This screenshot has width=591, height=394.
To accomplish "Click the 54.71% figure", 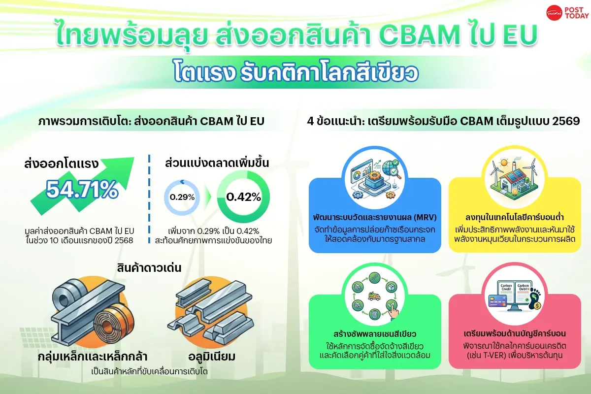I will [x=82, y=190].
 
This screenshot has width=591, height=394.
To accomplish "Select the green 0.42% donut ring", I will [x=243, y=197].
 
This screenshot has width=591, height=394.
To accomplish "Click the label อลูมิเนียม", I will [x=210, y=356].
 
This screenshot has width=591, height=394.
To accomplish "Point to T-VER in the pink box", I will [x=500, y=355].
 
